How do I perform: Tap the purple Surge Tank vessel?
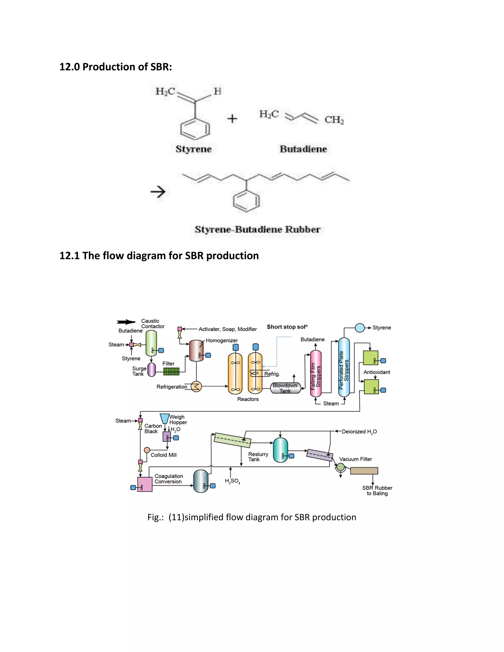click(x=152, y=370)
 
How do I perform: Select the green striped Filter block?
click(x=171, y=371)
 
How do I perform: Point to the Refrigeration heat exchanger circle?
click(x=196, y=387)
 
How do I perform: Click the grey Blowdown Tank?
click(x=285, y=388)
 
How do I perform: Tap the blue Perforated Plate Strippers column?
click(x=344, y=367)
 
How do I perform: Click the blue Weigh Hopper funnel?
click(x=165, y=418)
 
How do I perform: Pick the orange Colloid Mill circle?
click(x=147, y=450)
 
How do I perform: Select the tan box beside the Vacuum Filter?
click(x=364, y=471)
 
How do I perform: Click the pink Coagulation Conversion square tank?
click(x=145, y=484)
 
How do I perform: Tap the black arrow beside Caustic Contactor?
click(x=126, y=322)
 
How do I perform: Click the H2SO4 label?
click(x=233, y=481)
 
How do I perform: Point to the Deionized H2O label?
click(x=359, y=432)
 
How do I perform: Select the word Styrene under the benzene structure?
click(x=193, y=149)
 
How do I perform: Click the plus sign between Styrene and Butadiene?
click(x=232, y=119)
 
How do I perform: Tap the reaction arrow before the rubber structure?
click(x=158, y=192)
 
